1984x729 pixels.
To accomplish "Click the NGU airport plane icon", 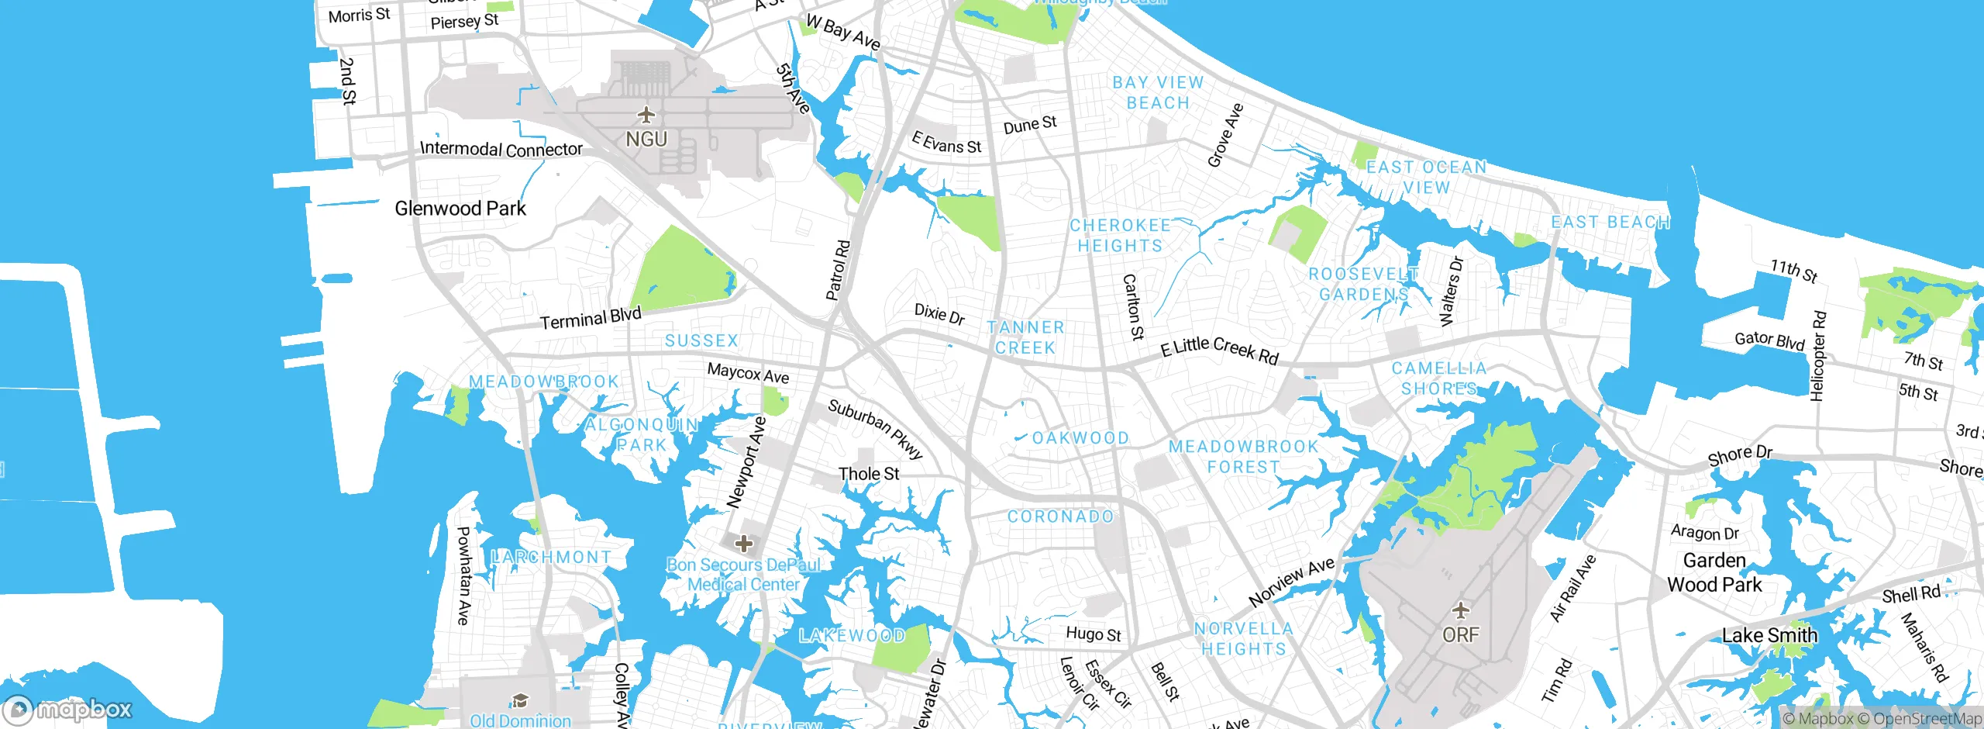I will pos(646,116).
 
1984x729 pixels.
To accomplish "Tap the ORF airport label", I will pos(1460,634).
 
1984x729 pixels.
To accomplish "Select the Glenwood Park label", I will pos(460,209).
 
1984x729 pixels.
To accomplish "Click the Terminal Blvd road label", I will pos(591,318).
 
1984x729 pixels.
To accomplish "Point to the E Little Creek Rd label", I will pos(1219,351).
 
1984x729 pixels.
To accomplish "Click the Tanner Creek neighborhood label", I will pos(1025,338).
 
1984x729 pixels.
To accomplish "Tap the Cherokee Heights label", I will pos(1120,236).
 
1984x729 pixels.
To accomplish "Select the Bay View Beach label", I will pos(1158,93).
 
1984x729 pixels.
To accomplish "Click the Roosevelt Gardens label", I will pos(1364,285).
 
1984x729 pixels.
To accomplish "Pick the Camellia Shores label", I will pos(1439,378).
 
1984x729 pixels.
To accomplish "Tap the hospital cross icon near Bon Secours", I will pos(743,543).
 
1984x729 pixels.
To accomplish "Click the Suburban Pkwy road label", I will pos(876,429).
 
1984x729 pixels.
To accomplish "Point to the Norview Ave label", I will pos(1291,582).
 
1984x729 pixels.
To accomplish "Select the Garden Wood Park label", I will pos(1714,572).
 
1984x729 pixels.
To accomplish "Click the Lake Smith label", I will pos(1769,636).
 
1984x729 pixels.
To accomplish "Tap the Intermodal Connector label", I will pos(501,149).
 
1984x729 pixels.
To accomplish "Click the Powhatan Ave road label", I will pos(463,575).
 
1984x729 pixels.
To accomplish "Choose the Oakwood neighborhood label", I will pos(1080,438).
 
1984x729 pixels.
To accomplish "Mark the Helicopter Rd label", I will pos(1818,356).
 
